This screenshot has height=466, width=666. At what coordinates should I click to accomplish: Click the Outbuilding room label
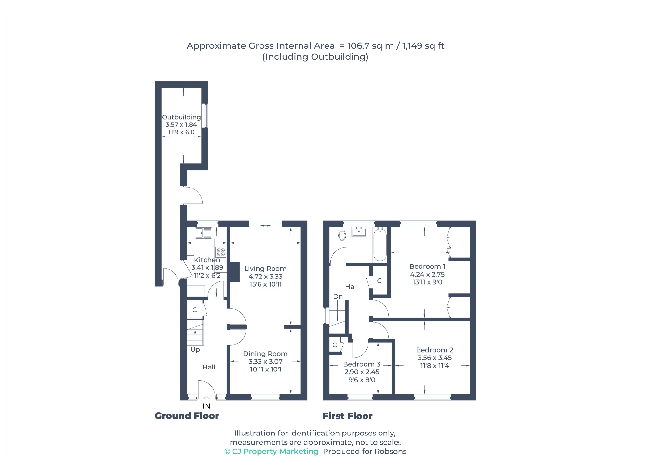(x=181, y=117)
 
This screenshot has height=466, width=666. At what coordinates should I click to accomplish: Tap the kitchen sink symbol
(x=204, y=233)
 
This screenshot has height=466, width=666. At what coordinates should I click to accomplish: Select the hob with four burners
(x=221, y=252)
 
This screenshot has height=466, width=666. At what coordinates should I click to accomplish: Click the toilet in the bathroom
(x=342, y=234)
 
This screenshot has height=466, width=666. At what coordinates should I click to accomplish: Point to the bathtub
(x=380, y=244)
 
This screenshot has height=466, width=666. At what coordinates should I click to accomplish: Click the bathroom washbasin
(x=359, y=232)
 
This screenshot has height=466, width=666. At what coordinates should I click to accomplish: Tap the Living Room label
(x=265, y=269)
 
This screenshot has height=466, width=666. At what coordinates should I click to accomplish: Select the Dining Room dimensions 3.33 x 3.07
(x=265, y=361)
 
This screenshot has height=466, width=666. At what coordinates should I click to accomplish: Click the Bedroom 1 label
(x=427, y=266)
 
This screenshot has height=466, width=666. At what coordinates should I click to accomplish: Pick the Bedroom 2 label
(x=434, y=350)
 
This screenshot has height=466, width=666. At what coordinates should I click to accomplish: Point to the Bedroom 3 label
(x=362, y=364)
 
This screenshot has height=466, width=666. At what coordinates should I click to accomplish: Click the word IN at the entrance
(x=206, y=406)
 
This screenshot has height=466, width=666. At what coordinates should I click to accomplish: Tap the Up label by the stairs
(x=195, y=350)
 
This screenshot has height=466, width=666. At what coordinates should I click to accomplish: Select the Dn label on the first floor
(x=338, y=296)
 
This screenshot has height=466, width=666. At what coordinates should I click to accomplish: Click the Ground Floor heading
(x=187, y=416)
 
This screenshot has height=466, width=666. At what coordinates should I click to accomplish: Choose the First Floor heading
(x=347, y=416)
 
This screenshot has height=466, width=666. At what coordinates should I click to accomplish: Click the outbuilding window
(x=205, y=115)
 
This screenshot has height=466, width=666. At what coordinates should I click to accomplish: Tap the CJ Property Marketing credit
(x=271, y=451)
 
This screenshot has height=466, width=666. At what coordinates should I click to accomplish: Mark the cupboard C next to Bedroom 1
(x=379, y=281)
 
